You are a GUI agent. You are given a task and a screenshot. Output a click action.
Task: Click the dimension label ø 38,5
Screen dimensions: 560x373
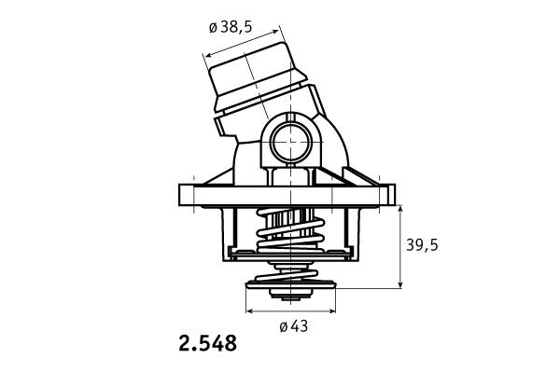pos(231,27)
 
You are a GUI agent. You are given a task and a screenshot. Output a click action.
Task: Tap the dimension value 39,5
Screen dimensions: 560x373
pos(422,245)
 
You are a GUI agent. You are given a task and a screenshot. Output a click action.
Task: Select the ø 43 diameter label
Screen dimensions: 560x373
pos(294,326)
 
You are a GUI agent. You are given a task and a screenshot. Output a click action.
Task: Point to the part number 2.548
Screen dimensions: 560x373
pos(207,343)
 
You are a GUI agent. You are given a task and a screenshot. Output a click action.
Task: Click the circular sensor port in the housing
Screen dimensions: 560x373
pos(290,143)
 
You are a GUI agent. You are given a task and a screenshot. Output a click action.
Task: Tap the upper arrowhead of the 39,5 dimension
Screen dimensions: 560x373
pos(400,209)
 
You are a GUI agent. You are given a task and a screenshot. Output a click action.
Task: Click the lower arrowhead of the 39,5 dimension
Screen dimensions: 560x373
pos(400,284)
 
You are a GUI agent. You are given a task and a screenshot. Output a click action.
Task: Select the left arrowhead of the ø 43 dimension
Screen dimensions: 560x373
pos(249,311)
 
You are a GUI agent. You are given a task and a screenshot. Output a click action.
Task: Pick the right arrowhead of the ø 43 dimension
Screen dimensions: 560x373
pos(331,311)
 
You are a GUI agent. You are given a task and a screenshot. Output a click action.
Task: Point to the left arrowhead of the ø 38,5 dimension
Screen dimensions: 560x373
pos(207,55)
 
